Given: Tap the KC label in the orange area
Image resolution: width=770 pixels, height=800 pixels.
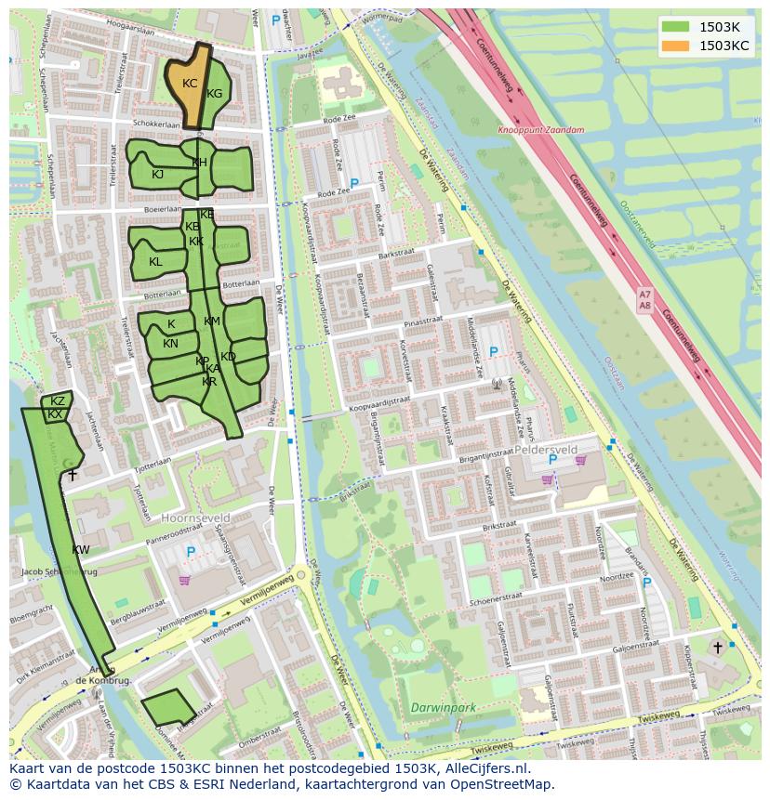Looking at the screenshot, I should click(x=190, y=84).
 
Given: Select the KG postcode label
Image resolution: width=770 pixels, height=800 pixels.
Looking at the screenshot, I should click(x=215, y=94).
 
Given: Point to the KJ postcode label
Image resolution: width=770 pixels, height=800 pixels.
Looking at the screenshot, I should click(x=157, y=175).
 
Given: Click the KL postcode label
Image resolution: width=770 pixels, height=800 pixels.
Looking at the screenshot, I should click(x=155, y=262).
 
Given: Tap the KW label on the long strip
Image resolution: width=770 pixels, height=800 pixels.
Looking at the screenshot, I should click(x=81, y=550).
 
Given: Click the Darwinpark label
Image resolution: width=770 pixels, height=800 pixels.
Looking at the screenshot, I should click(x=444, y=708).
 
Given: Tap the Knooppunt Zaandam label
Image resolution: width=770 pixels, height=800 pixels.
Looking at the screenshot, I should click(x=541, y=131).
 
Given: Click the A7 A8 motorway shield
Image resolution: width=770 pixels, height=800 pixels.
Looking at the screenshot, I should click(x=645, y=299).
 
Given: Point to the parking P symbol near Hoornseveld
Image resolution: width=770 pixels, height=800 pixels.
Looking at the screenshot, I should click(x=191, y=552).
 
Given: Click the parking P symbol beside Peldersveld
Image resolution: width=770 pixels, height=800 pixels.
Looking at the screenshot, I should click(x=552, y=459).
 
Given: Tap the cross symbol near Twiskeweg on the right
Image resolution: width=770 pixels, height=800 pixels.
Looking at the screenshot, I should click(x=717, y=647).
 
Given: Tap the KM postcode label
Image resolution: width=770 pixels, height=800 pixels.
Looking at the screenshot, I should click(x=212, y=321).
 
